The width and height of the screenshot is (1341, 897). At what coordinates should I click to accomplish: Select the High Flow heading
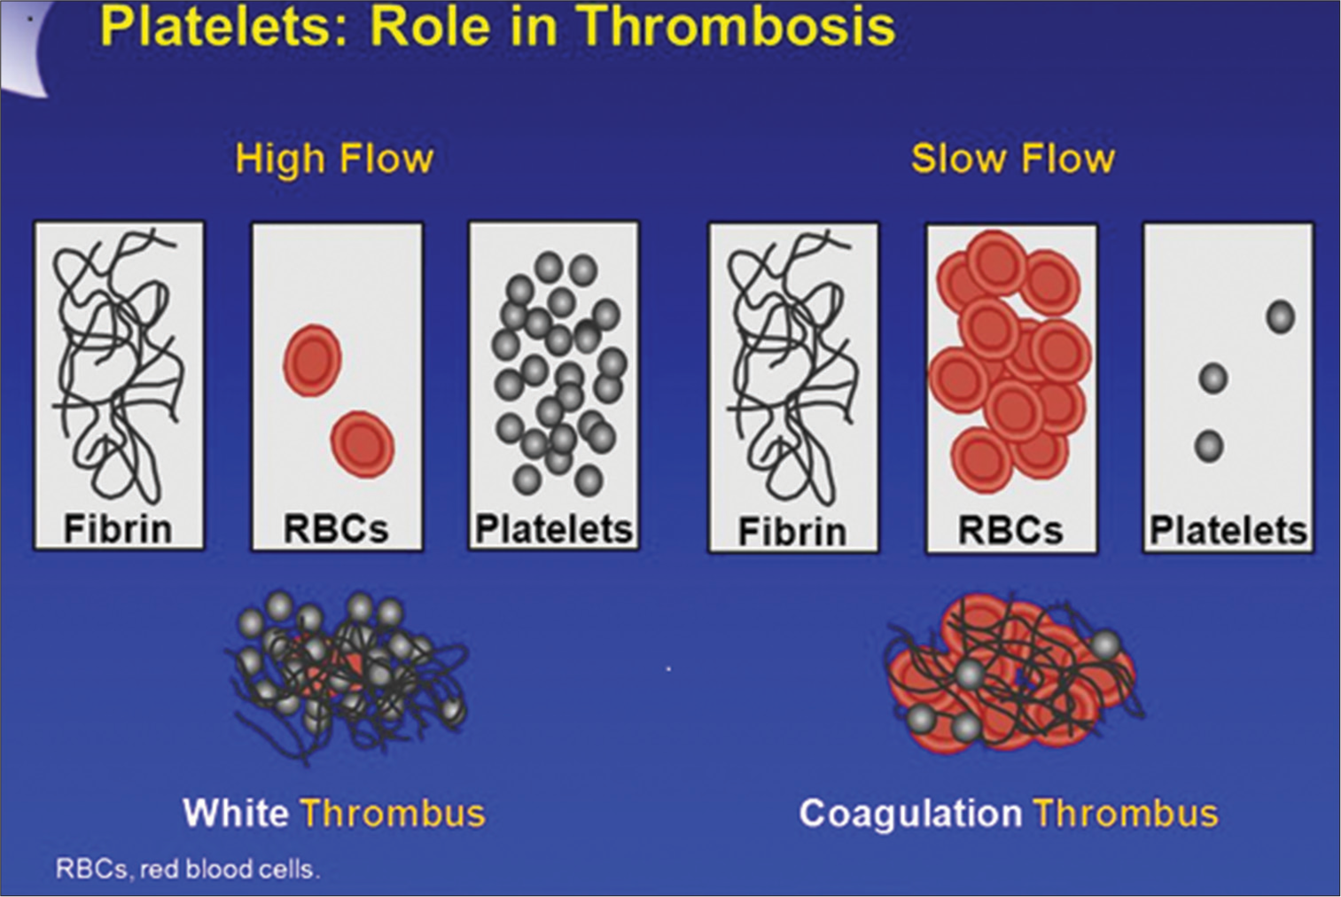pos(335,159)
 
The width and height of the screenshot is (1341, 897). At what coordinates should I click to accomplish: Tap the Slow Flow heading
pos(1013,159)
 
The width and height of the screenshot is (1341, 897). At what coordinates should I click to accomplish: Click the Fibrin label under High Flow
pos(118,529)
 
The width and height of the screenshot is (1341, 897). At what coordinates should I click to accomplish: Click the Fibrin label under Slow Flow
pos(792,531)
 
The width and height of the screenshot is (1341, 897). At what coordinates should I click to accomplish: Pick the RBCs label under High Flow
pos(337,529)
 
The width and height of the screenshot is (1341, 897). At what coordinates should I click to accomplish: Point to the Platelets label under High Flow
pos(554,529)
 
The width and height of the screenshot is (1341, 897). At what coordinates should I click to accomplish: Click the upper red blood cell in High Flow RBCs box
pos(312,361)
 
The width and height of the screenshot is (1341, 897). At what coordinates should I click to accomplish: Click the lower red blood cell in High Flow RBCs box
pos(363,444)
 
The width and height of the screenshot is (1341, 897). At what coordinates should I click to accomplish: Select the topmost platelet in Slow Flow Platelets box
pos(1281,316)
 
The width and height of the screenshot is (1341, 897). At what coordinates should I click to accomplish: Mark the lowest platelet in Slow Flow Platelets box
pos(1209,446)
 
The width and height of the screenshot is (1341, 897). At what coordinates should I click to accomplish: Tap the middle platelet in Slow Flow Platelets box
pos(1212,378)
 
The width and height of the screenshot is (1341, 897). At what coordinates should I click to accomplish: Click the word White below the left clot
pos(235,813)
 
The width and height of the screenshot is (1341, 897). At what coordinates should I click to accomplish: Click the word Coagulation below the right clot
pos(910,813)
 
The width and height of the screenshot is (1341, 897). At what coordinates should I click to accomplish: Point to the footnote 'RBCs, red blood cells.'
pos(188,870)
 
